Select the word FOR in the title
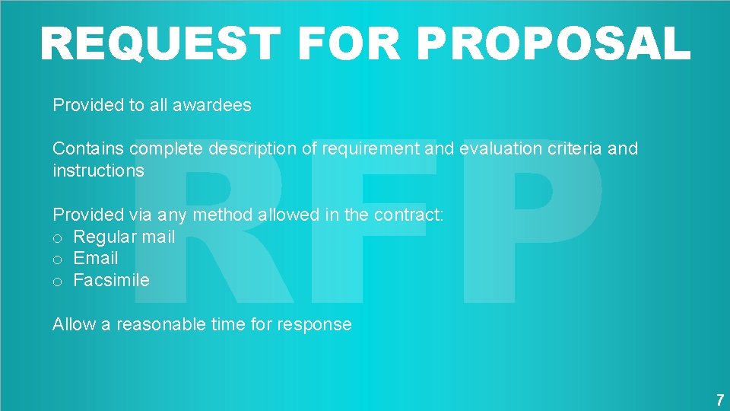coord(348,43)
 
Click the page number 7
coord(719,399)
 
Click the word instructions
coord(98,170)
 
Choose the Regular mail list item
coord(124,237)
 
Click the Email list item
coord(96,258)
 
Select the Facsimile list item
coord(111,280)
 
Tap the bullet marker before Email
coord(57,260)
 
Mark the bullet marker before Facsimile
coord(57,282)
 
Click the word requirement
coord(370,149)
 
